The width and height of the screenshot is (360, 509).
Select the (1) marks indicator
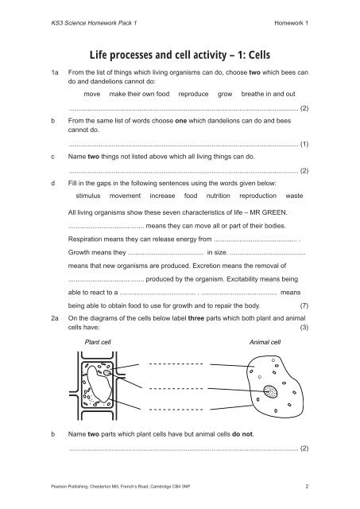coord(304,145)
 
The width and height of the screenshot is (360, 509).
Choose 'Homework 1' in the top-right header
coord(291,22)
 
